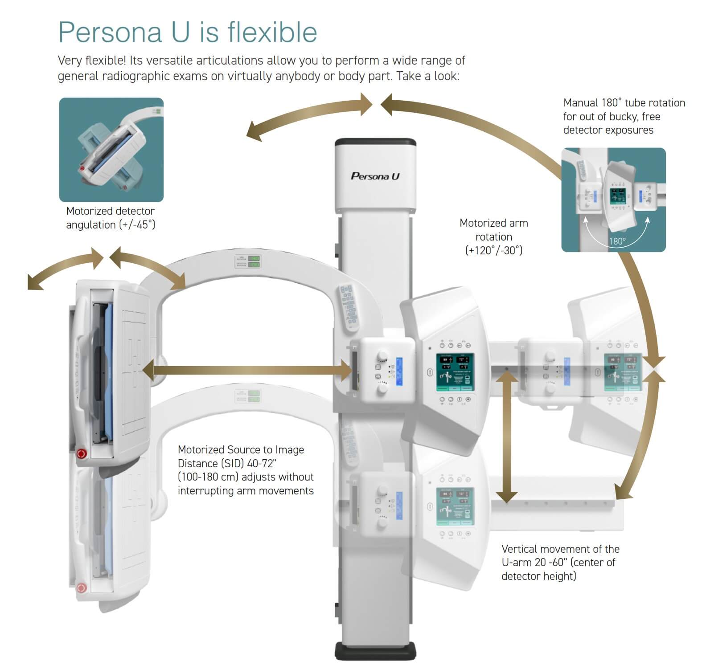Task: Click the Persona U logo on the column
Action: click(375, 176)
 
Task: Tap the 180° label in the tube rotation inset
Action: click(617, 241)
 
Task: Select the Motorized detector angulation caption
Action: click(111, 218)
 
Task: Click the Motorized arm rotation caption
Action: click(493, 237)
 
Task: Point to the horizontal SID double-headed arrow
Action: click(247, 370)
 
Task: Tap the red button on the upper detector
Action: click(82, 454)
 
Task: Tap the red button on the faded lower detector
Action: click(81, 588)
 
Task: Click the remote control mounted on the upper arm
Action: click(349, 306)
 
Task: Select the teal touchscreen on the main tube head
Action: click(455, 372)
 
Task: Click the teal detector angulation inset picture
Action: click(111, 150)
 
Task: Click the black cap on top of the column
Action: click(375, 143)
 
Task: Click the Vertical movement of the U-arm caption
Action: click(560, 562)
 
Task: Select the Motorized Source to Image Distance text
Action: click(245, 470)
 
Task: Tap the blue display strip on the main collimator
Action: click(399, 371)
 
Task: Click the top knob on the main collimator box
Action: click(382, 356)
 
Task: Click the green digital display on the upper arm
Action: click(254, 261)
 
